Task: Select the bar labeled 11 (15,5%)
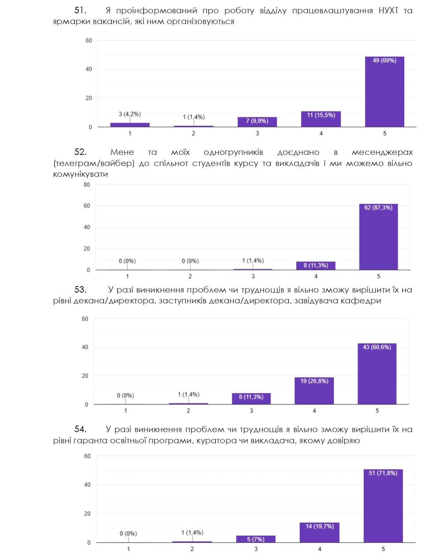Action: [x=321, y=119]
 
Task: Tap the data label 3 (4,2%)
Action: [x=130, y=114]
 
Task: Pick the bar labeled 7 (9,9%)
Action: [x=257, y=122]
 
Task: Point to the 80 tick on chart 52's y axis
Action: [x=87, y=185]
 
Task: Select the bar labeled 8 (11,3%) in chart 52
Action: [x=316, y=266]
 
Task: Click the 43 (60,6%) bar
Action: [x=377, y=374]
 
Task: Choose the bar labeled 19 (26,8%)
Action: [x=314, y=391]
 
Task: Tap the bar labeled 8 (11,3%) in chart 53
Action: [x=251, y=398]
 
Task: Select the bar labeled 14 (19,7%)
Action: [x=319, y=532]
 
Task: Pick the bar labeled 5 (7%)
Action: [x=256, y=539]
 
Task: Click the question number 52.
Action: [x=80, y=152]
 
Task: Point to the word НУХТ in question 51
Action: [x=388, y=10]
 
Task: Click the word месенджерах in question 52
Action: [x=382, y=152]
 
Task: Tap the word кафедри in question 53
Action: [x=366, y=300]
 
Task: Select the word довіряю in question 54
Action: [x=344, y=440]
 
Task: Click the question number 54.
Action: [x=80, y=429]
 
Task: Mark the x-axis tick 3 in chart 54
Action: [x=256, y=549]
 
